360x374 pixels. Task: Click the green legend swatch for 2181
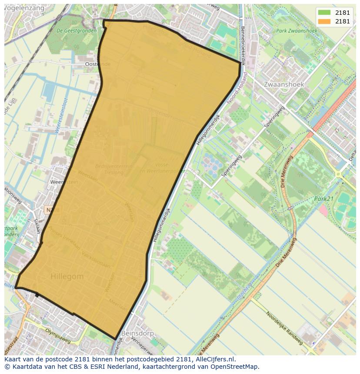324,13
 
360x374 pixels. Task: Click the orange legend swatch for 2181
324,21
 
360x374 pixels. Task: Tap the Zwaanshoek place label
284,84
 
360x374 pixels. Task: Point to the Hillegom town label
67,276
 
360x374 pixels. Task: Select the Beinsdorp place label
139,333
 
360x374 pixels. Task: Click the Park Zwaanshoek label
297,31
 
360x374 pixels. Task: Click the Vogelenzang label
23,7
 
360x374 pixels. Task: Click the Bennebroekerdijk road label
243,46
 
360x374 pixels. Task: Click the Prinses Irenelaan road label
64,238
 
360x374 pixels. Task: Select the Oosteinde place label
98,64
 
